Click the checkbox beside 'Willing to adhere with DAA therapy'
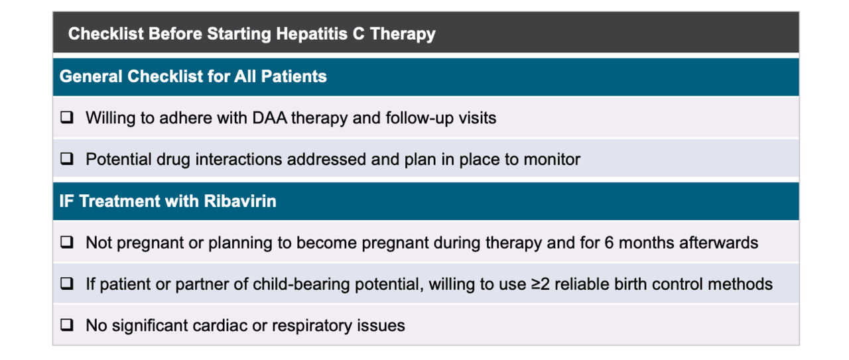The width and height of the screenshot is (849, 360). point(66,119)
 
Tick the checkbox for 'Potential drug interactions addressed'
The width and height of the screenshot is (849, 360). point(66,160)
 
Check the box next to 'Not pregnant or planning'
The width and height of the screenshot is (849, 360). point(66,243)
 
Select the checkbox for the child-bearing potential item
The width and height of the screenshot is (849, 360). point(66,284)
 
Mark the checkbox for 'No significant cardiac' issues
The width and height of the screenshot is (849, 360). point(66,326)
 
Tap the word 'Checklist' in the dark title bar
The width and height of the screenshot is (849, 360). point(105,34)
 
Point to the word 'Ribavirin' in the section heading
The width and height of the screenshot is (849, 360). point(243,202)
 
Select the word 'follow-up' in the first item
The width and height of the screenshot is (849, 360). point(424,119)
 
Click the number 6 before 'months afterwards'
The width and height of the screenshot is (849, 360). point(608,243)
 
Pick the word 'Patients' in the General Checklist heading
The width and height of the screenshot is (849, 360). point(294,77)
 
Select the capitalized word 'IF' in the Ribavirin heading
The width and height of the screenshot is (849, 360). point(66,202)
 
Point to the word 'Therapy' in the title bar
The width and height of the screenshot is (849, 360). point(403,34)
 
